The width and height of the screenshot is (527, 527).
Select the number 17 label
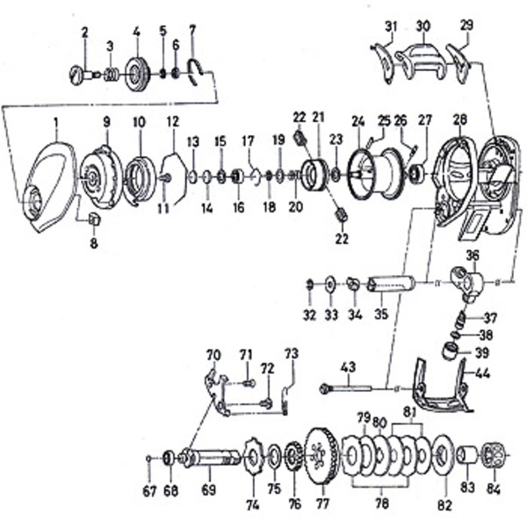pyautogui.click(x=248, y=140)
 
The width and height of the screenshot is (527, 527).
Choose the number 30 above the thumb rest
pyautogui.click(x=423, y=25)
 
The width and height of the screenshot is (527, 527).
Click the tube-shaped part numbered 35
pyautogui.click(x=391, y=285)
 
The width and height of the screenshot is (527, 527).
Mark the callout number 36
pyautogui.click(x=472, y=256)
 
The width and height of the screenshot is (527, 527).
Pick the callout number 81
pyautogui.click(x=409, y=412)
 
